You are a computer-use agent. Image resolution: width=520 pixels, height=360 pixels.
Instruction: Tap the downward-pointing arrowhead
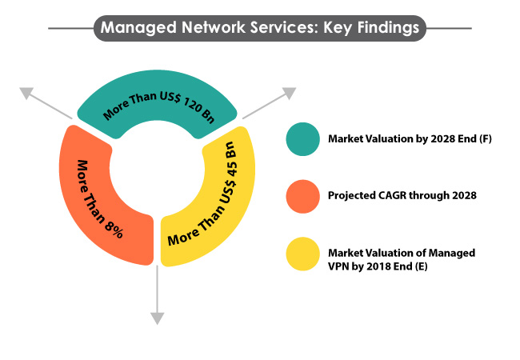point(157,318)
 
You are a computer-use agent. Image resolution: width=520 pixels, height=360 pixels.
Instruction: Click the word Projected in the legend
point(352,196)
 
